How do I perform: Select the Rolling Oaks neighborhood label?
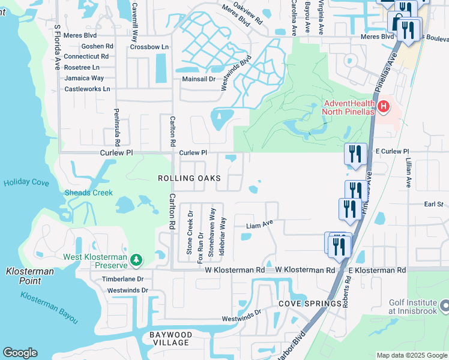coord(189,178)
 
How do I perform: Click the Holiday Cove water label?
coord(25,182)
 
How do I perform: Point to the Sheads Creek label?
coord(88,193)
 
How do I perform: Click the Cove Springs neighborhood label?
coord(310,304)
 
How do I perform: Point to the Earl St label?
coord(433,205)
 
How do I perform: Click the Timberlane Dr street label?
coord(122,279)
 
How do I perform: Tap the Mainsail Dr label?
coord(199,79)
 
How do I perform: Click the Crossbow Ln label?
coord(149,46)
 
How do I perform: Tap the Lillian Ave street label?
coord(408,173)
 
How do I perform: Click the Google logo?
coord(20,353)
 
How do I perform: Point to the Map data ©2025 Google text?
coord(411,355)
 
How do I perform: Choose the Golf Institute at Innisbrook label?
coord(414,306)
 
